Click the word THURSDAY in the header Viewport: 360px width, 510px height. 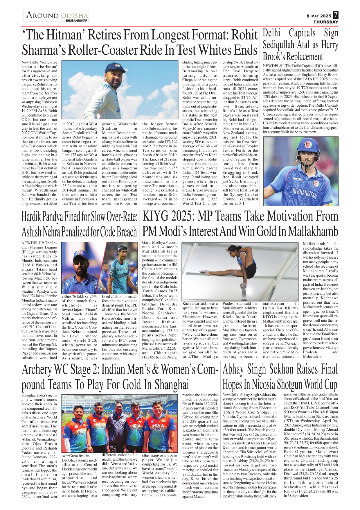(x=326, y=22)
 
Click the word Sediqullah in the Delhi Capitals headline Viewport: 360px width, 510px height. (x=278, y=45)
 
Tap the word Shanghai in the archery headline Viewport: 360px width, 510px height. (x=172, y=384)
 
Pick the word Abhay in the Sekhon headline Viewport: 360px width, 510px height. (x=233, y=370)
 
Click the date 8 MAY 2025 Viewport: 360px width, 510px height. (x=318, y=16)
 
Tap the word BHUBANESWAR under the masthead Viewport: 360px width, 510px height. (x=77, y=21)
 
